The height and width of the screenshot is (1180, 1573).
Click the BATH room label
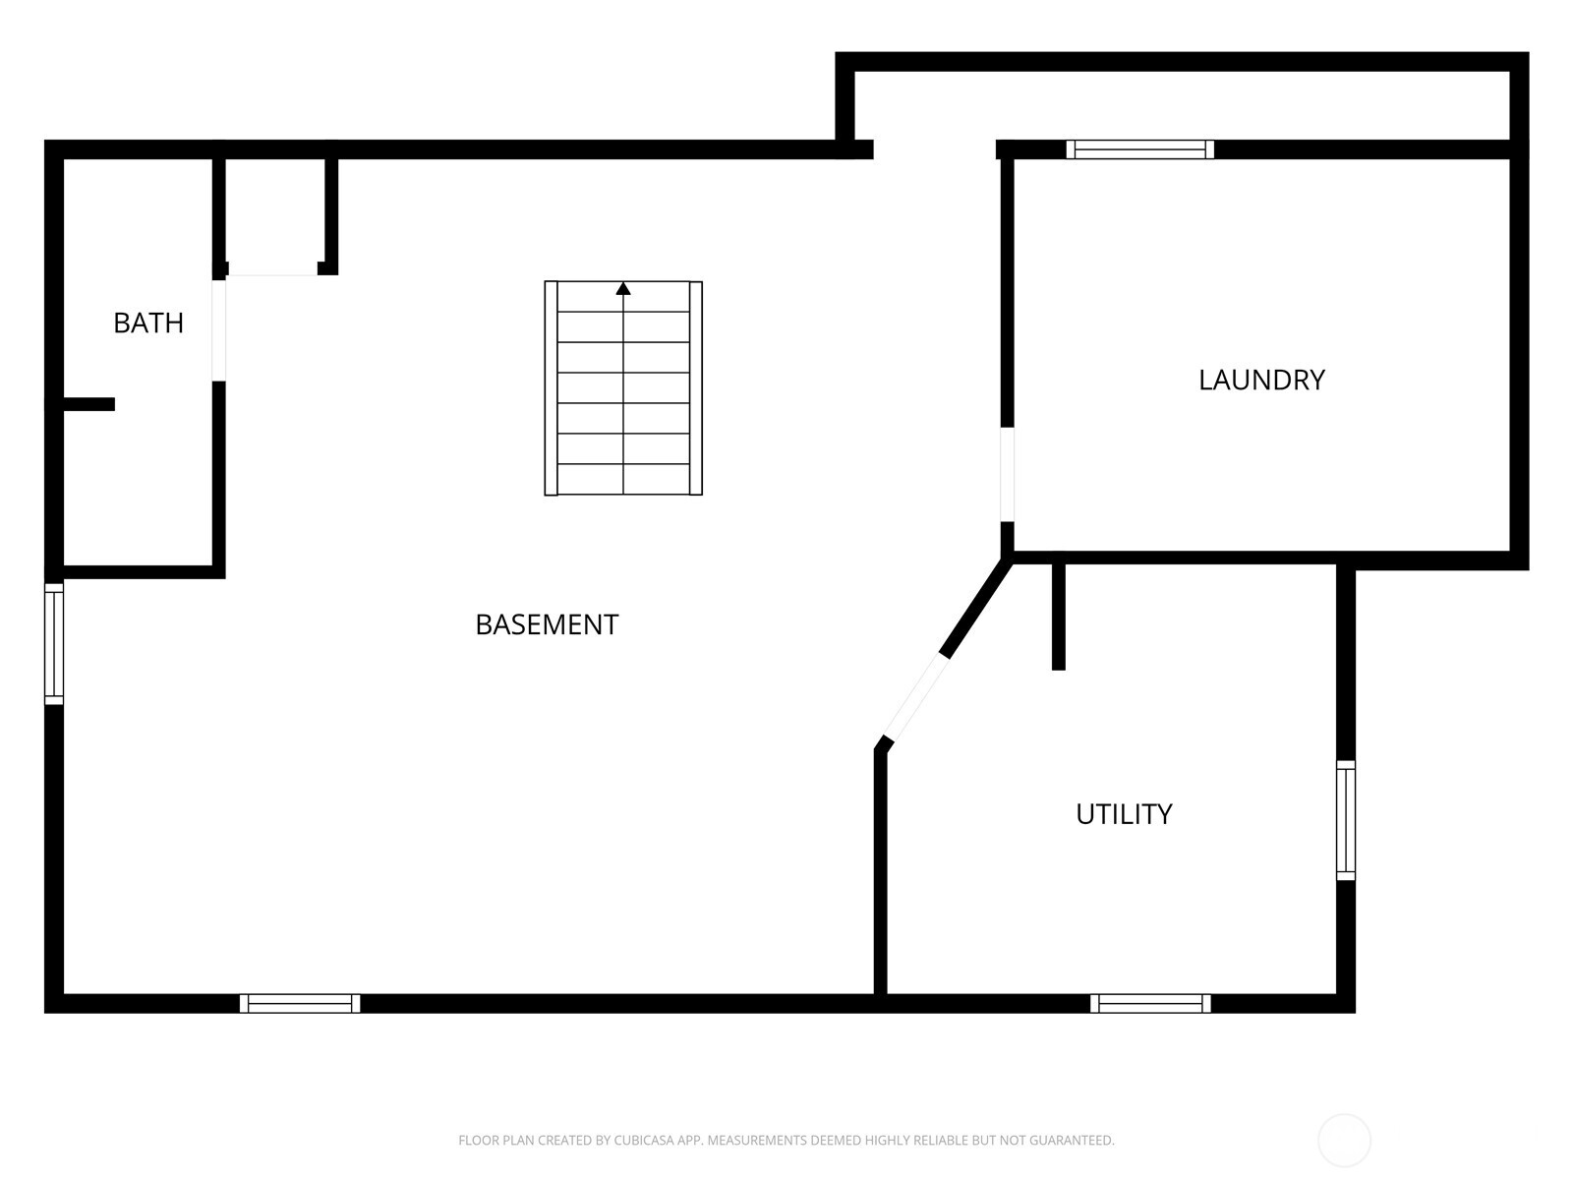pos(148,323)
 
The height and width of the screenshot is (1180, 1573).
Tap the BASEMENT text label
pos(547,624)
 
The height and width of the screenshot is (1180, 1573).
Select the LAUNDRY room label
pos(1261,380)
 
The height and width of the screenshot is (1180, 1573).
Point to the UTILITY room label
pos(1124,814)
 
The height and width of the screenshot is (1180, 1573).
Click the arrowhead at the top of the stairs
pos(623,288)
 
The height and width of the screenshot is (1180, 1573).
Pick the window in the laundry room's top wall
pos(1140,149)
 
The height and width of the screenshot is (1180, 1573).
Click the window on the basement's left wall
pos(54,644)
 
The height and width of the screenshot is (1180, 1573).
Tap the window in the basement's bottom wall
pos(300,1003)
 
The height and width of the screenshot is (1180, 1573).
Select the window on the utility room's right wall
pos(1346,820)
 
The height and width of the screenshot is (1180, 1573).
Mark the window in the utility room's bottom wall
pos(1150,1003)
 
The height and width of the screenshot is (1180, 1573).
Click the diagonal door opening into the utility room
pos(916,697)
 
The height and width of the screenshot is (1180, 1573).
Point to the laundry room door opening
pos(1007,474)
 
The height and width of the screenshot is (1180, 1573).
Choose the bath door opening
pos(218,330)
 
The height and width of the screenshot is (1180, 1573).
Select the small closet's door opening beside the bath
pos(273,269)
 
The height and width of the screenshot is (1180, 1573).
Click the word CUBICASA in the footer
pos(646,1141)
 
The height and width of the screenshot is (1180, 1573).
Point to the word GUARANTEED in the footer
pos(1071,1141)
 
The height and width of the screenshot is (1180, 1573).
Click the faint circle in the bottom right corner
pos(1344,1141)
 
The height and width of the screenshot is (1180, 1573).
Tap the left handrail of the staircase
pos(552,388)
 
